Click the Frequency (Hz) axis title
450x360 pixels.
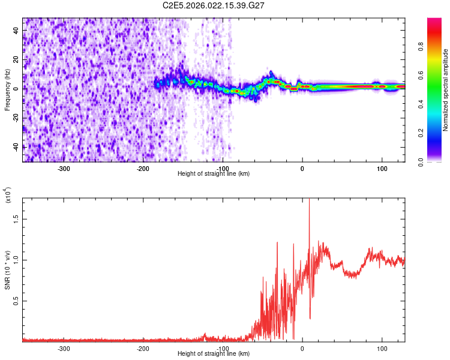click(7, 90)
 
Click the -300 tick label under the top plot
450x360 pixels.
click(64, 167)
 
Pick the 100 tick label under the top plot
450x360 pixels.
click(382, 167)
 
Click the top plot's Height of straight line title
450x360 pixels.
click(214, 173)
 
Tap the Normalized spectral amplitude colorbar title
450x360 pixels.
click(446, 90)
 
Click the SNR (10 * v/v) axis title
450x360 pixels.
click(8, 269)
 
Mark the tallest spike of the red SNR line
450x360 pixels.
click(309, 201)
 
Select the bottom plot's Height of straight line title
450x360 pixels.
click(214, 353)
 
